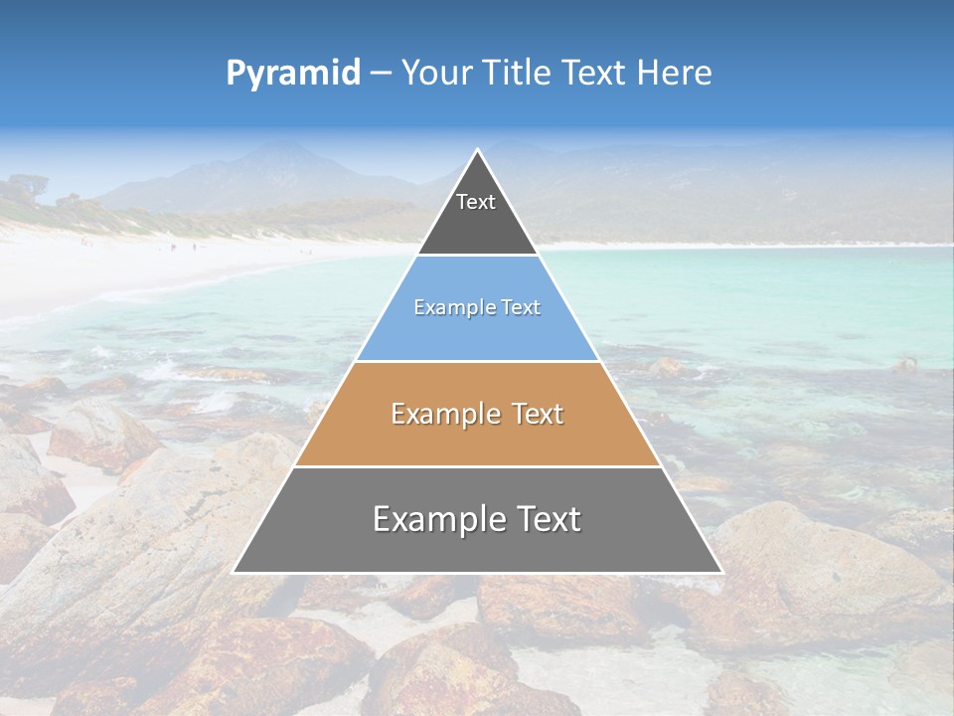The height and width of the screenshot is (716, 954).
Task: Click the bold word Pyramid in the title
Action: click(x=292, y=74)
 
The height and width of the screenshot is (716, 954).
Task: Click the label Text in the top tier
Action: click(x=476, y=202)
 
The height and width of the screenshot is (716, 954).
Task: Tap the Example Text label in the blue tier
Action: click(x=477, y=307)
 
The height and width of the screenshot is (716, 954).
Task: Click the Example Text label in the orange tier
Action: click(x=477, y=414)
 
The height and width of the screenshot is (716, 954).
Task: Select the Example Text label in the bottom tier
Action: click(x=477, y=519)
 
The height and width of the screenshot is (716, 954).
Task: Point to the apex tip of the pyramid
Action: click(x=478, y=151)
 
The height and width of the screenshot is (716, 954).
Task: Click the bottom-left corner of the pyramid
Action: click(x=235, y=572)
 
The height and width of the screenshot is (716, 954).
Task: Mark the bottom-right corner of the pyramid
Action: click(x=720, y=572)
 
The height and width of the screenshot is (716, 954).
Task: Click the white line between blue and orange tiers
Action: click(x=477, y=361)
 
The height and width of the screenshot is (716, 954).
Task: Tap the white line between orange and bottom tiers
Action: click(x=477, y=466)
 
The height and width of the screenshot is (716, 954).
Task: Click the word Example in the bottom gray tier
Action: click(x=434, y=519)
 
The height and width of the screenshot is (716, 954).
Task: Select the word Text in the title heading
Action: click(x=594, y=74)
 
